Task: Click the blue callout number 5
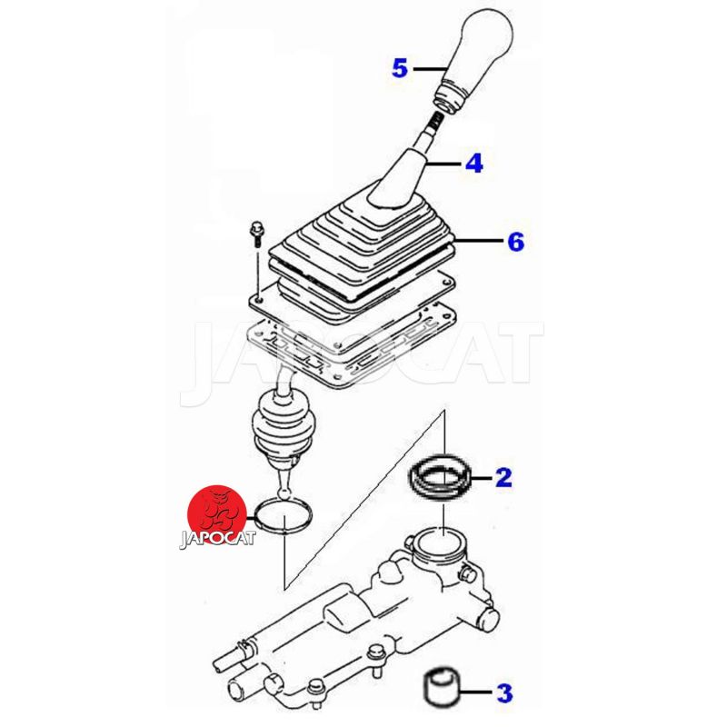tap(400, 68)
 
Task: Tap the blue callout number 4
tap(473, 164)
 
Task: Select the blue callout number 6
tap(515, 242)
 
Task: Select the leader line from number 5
tap(429, 69)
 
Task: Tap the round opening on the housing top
tap(442, 549)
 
